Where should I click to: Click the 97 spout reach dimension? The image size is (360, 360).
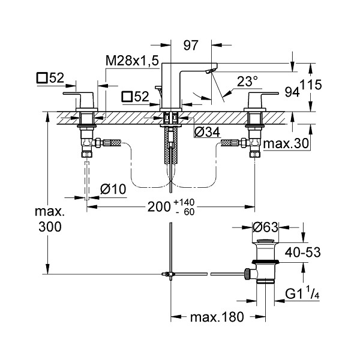[191, 45]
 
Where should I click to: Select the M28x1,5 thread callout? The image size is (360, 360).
[132, 61]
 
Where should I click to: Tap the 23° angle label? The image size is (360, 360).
[247, 81]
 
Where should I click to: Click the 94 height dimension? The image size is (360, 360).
[292, 92]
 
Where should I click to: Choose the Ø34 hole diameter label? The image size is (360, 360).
[207, 132]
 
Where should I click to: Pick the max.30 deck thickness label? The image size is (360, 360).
[286, 144]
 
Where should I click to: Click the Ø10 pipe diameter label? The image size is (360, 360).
[113, 190]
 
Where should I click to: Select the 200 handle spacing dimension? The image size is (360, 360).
[159, 206]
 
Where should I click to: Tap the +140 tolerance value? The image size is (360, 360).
[184, 202]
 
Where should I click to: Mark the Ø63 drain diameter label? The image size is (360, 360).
[265, 227]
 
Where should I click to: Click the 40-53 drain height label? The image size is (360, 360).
[302, 253]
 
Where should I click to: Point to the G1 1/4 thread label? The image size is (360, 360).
[302, 294]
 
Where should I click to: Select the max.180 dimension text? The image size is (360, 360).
[217, 317]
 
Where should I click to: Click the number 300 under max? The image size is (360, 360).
[50, 227]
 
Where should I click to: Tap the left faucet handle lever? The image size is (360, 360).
[79, 94]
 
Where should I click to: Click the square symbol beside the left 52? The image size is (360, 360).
[42, 78]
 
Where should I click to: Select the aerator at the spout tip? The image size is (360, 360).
[211, 71]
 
